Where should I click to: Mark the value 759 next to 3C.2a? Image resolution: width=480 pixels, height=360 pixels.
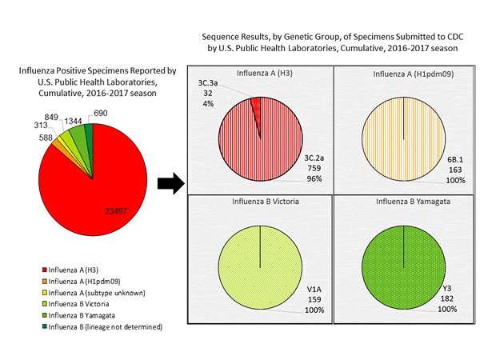313,170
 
